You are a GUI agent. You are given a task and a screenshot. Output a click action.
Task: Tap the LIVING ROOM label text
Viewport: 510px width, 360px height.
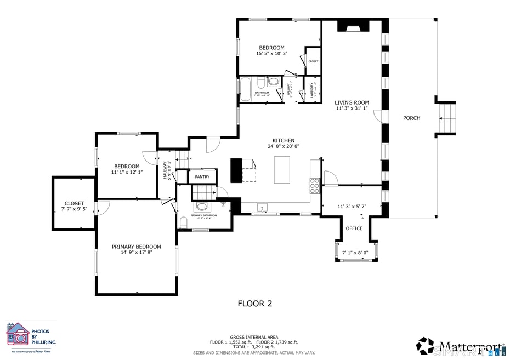tap(352, 102)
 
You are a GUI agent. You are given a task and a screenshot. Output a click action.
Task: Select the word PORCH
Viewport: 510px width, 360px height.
tap(411, 118)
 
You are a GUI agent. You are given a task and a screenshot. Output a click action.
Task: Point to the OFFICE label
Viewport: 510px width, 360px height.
tap(354, 228)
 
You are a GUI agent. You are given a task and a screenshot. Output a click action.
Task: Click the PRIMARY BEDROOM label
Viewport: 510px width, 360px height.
tap(137, 247)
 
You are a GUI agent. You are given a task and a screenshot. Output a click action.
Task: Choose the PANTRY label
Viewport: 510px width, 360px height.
tap(202, 177)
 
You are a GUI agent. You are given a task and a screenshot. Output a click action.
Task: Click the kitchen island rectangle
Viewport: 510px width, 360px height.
tap(282, 170)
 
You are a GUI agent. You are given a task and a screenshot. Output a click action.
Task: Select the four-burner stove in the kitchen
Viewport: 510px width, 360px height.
tap(315, 186)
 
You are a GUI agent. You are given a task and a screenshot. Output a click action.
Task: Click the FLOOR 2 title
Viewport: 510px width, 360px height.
tap(254, 303)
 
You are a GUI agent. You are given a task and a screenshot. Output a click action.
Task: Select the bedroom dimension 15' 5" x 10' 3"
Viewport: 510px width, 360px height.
tap(271, 54)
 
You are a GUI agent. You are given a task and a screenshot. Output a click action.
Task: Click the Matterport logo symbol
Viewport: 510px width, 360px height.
tap(425, 346)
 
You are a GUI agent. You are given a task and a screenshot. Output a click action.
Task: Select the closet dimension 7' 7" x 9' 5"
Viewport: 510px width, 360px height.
tap(74, 209)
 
